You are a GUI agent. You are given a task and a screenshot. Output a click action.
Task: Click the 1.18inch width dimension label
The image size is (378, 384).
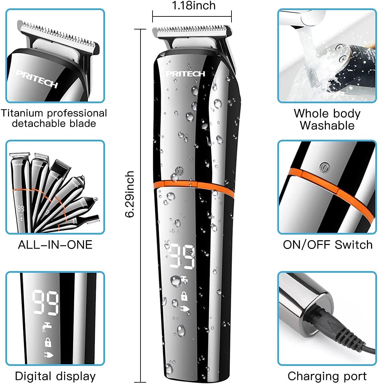click(x=194, y=6)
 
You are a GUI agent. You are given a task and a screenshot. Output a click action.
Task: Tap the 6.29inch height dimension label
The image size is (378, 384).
click(x=129, y=194)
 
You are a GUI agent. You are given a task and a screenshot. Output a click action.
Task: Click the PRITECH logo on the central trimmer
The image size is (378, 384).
click(x=185, y=73)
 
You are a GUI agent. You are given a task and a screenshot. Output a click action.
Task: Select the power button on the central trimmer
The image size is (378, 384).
click(x=180, y=171)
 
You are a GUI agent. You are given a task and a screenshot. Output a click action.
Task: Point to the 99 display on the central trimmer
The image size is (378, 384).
click(x=183, y=256)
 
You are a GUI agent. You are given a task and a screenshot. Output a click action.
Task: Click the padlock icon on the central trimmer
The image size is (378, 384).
click(x=184, y=296)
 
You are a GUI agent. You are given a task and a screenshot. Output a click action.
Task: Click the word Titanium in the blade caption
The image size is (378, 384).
click(x=22, y=113)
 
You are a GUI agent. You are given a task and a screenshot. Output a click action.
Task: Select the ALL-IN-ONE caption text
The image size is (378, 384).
click(x=55, y=245)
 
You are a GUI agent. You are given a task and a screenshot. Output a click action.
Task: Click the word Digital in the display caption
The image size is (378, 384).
click(x=33, y=376)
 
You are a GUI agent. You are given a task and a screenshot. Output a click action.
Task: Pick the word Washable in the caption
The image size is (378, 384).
click(x=327, y=125)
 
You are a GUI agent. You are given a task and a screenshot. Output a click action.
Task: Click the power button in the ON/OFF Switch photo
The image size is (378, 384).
click(x=325, y=168)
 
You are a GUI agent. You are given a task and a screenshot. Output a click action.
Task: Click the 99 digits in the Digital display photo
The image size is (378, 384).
click(x=45, y=303)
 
